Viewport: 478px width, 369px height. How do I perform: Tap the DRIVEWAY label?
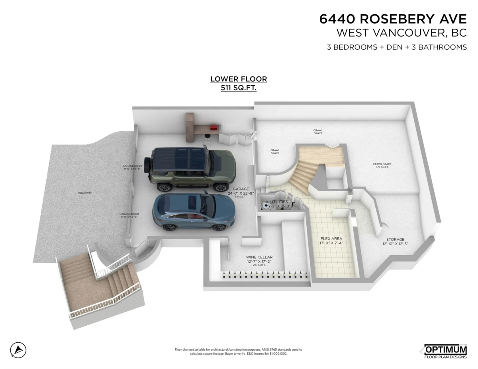pyautogui.click(x=85, y=193)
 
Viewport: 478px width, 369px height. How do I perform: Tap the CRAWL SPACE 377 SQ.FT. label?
pyautogui.click(x=382, y=165)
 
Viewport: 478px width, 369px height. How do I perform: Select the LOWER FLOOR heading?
pyautogui.click(x=239, y=79)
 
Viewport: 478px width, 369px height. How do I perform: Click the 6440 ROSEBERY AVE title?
pyautogui.click(x=393, y=19)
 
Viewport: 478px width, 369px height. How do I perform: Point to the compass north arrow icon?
pyautogui.click(x=18, y=350)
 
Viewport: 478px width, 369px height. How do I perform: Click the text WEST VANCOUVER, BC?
pyautogui.click(x=402, y=32)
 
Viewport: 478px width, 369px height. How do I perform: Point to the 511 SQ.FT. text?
pyautogui.click(x=239, y=88)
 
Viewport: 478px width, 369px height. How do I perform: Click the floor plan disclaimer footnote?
pyautogui.click(x=239, y=351)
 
